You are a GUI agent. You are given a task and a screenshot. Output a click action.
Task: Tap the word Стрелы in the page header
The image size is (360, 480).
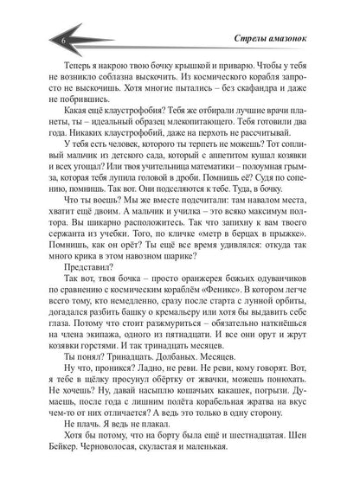click(254, 42)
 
